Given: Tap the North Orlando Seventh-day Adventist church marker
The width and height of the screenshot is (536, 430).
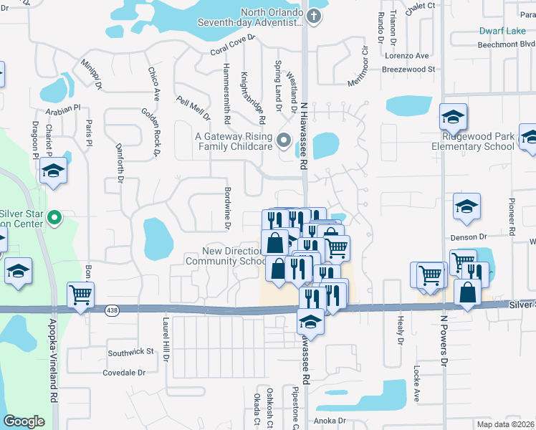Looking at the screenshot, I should coord(313,14).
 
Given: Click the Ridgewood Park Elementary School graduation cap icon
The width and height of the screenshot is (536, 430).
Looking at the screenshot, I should coord(453,117).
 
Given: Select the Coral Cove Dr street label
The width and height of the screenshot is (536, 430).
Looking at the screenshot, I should coord(234,51).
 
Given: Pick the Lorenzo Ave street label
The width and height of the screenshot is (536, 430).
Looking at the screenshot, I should coord(406,56).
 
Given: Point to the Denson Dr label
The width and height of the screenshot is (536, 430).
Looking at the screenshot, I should coord(469,236).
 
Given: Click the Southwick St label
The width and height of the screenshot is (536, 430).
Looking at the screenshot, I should coord(131,352).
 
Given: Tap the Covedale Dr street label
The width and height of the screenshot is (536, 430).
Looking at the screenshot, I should coord(124,373).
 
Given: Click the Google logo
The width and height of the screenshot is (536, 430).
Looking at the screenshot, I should coord(24,421).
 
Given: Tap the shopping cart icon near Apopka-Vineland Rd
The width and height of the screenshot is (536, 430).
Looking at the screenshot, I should coord(81,293).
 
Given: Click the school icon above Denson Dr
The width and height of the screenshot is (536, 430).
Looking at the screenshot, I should coord(466,207).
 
